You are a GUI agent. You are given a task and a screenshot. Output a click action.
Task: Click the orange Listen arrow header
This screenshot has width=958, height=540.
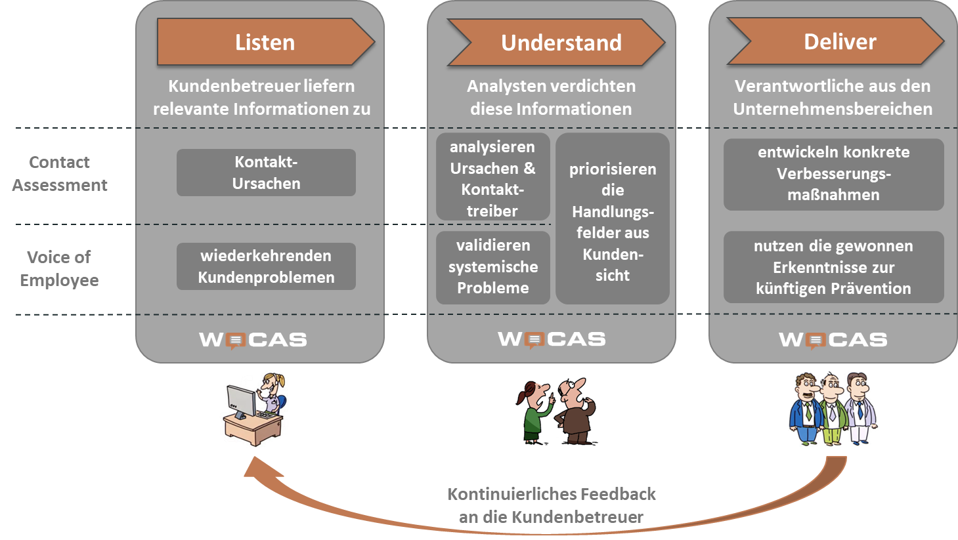pos(265,42)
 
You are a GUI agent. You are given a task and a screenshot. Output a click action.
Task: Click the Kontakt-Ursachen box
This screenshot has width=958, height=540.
pos(266,173)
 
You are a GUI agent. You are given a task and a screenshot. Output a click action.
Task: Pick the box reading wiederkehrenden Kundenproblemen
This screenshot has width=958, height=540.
pos(266,266)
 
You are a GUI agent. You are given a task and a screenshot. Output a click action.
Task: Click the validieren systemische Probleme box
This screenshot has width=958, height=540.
pos(492,267)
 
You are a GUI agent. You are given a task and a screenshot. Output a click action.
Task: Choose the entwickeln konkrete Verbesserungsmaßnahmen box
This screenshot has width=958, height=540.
pos(833,174)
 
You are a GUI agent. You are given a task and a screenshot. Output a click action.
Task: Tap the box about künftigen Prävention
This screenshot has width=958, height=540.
pos(833,267)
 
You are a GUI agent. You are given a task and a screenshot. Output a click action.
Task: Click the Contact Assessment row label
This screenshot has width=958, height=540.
pos(60,174)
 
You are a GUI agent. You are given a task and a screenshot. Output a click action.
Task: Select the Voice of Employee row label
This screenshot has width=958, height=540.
pos(59,268)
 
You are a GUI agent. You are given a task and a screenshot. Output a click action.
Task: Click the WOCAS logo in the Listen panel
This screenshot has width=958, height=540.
pos(253,340)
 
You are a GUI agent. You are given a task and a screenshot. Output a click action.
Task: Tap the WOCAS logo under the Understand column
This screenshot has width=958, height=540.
pos(552,339)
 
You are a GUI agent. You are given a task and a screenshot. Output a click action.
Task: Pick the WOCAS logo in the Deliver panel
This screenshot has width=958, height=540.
pos(833,339)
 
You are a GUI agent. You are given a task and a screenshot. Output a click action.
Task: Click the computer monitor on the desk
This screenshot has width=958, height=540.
pos(241,401)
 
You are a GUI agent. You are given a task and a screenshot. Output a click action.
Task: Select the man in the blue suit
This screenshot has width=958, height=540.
pos(804,410)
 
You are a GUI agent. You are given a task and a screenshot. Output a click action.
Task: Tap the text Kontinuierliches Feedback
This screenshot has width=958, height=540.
pos(551,494)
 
